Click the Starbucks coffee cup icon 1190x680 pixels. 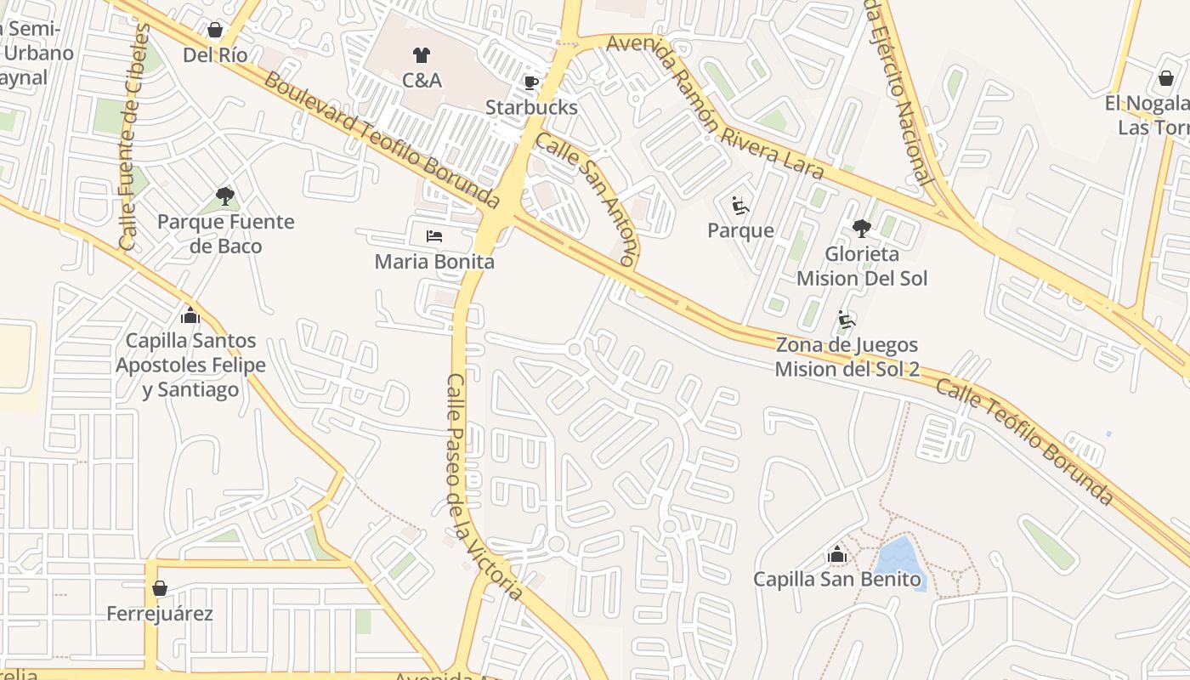531,82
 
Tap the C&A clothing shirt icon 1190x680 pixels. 422,56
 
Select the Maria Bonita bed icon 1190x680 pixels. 434,236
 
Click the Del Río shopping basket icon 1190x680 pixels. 215,31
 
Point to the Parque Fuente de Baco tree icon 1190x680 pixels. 225,197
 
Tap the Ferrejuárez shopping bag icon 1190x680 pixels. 159,588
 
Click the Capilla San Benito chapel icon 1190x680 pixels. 837,555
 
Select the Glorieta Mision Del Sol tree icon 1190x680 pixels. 862,229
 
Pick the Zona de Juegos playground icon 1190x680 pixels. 847,320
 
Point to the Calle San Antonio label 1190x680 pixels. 586,199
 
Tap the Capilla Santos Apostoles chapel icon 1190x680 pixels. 190,316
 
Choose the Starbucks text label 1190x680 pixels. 531,107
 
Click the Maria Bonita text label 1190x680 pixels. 434,261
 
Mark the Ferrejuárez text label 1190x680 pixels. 160,613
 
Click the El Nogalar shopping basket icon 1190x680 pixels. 1165,79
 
